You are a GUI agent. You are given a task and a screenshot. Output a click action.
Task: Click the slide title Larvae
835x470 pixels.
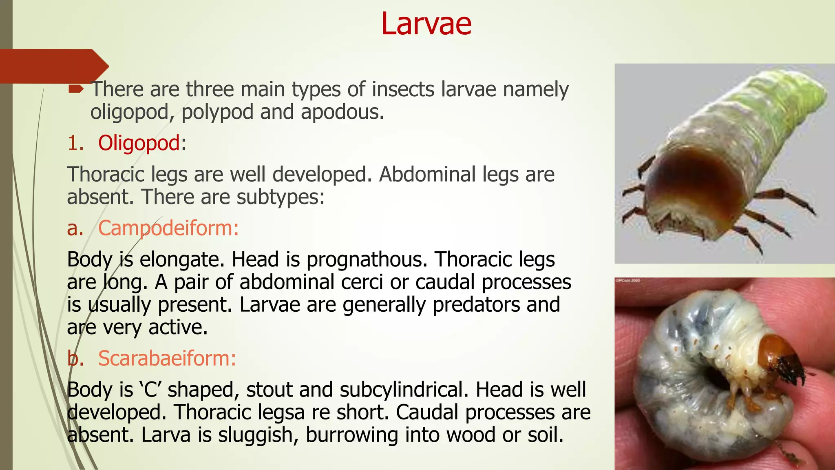point(426,24)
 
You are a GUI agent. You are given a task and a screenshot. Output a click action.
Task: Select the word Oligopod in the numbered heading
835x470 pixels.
point(139,143)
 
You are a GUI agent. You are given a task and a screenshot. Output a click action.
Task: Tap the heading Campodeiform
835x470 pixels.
point(168,228)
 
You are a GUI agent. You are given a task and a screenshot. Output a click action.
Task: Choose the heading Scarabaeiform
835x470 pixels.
point(167,359)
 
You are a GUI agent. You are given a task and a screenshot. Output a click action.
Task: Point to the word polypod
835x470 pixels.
point(217,112)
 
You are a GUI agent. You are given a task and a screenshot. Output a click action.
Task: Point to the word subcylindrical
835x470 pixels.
point(404,390)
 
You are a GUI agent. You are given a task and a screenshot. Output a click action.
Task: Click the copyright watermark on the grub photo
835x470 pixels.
point(628,281)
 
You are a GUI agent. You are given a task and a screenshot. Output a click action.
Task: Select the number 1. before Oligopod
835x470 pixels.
point(75,143)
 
